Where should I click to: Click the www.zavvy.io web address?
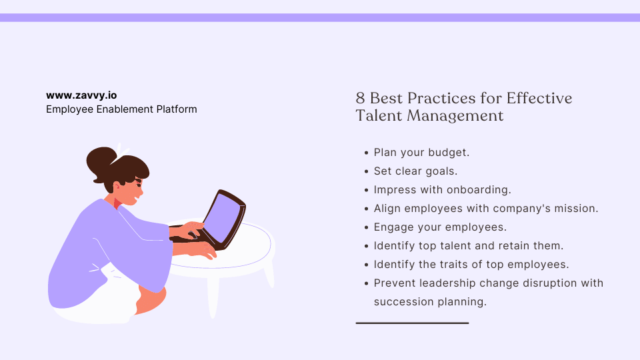tap(81, 95)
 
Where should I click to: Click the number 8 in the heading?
tap(360, 99)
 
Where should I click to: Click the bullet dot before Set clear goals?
tap(366, 171)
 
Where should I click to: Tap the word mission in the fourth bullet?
tap(577, 209)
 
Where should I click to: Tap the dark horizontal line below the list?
tap(412, 323)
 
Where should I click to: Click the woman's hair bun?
tap(101, 160)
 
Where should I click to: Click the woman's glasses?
tap(139, 181)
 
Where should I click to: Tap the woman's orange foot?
tap(150, 303)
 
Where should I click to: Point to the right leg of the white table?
tap(268, 273)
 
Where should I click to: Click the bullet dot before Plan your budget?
tap(366, 153)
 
